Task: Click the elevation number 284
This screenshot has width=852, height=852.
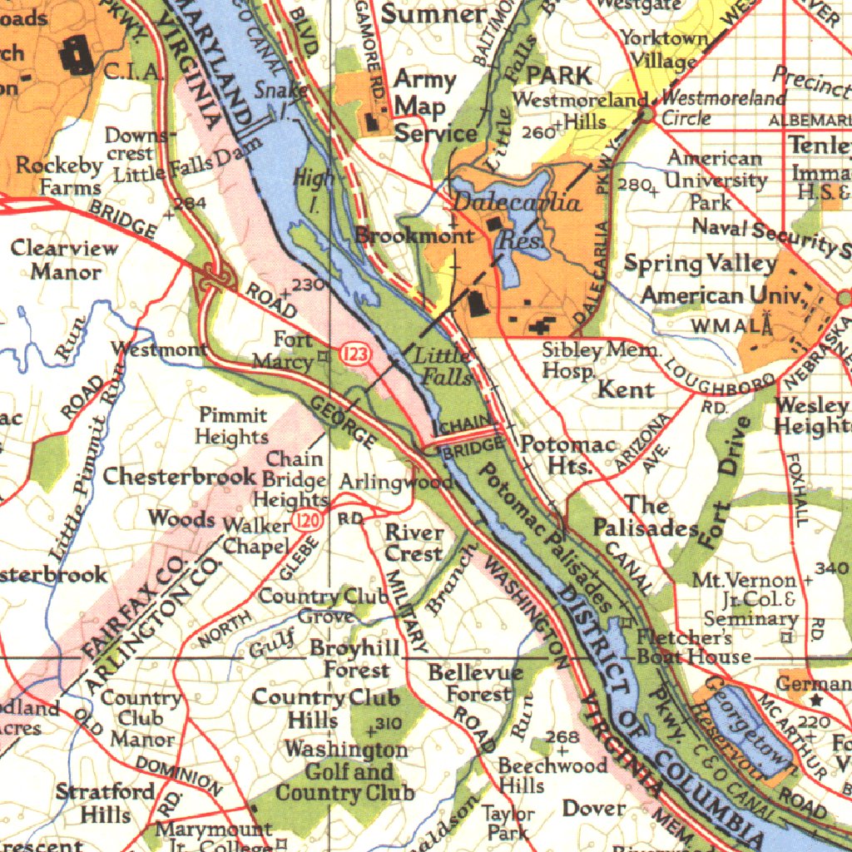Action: click(191, 203)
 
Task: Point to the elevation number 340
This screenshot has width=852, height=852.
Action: click(833, 568)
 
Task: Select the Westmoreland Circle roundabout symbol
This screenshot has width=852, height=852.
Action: click(646, 112)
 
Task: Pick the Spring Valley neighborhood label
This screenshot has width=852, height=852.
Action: click(700, 264)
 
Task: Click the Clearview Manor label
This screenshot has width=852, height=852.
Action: click(65, 260)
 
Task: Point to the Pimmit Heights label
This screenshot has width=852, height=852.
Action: click(232, 425)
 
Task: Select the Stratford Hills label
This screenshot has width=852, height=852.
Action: click(105, 801)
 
